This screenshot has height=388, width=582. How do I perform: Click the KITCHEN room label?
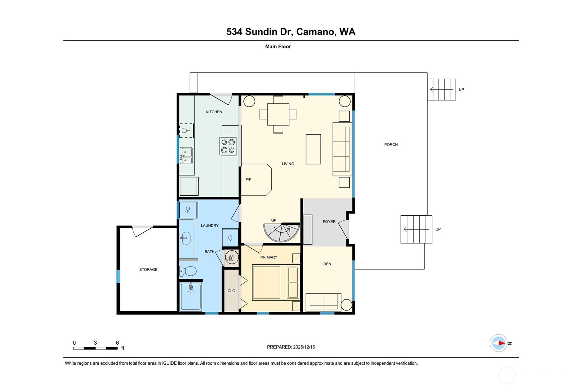pyautogui.click(x=214, y=112)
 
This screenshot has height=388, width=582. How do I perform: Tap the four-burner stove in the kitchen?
pyautogui.click(x=228, y=146)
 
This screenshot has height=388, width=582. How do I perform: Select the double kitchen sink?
pyautogui.click(x=186, y=156)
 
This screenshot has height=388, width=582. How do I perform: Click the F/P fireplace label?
pyautogui.click(x=248, y=180)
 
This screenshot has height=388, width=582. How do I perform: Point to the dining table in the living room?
pyautogui.click(x=278, y=114)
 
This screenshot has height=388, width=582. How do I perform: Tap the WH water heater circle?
pyautogui.click(x=232, y=257)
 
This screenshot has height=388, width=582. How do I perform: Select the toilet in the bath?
pyautogui.click(x=188, y=271)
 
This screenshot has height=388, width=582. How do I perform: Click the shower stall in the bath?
pyautogui.click(x=191, y=296)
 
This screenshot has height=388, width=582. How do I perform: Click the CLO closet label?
pyautogui.click(x=231, y=291)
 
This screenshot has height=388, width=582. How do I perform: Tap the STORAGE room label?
pyautogui.click(x=148, y=270)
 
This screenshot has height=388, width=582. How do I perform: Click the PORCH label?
pyautogui.click(x=391, y=145)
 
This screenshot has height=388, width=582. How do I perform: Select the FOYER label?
pyautogui.click(x=329, y=222)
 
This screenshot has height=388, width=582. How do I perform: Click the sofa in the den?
pyautogui.click(x=323, y=302)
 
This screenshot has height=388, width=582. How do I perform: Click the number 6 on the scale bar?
pyautogui.click(x=117, y=343)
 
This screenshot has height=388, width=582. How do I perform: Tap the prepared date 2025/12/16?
pyautogui.click(x=304, y=347)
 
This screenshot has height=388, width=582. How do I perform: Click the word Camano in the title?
pyautogui.click(x=315, y=32)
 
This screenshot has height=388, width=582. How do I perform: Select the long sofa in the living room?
pyautogui.click(x=342, y=149)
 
